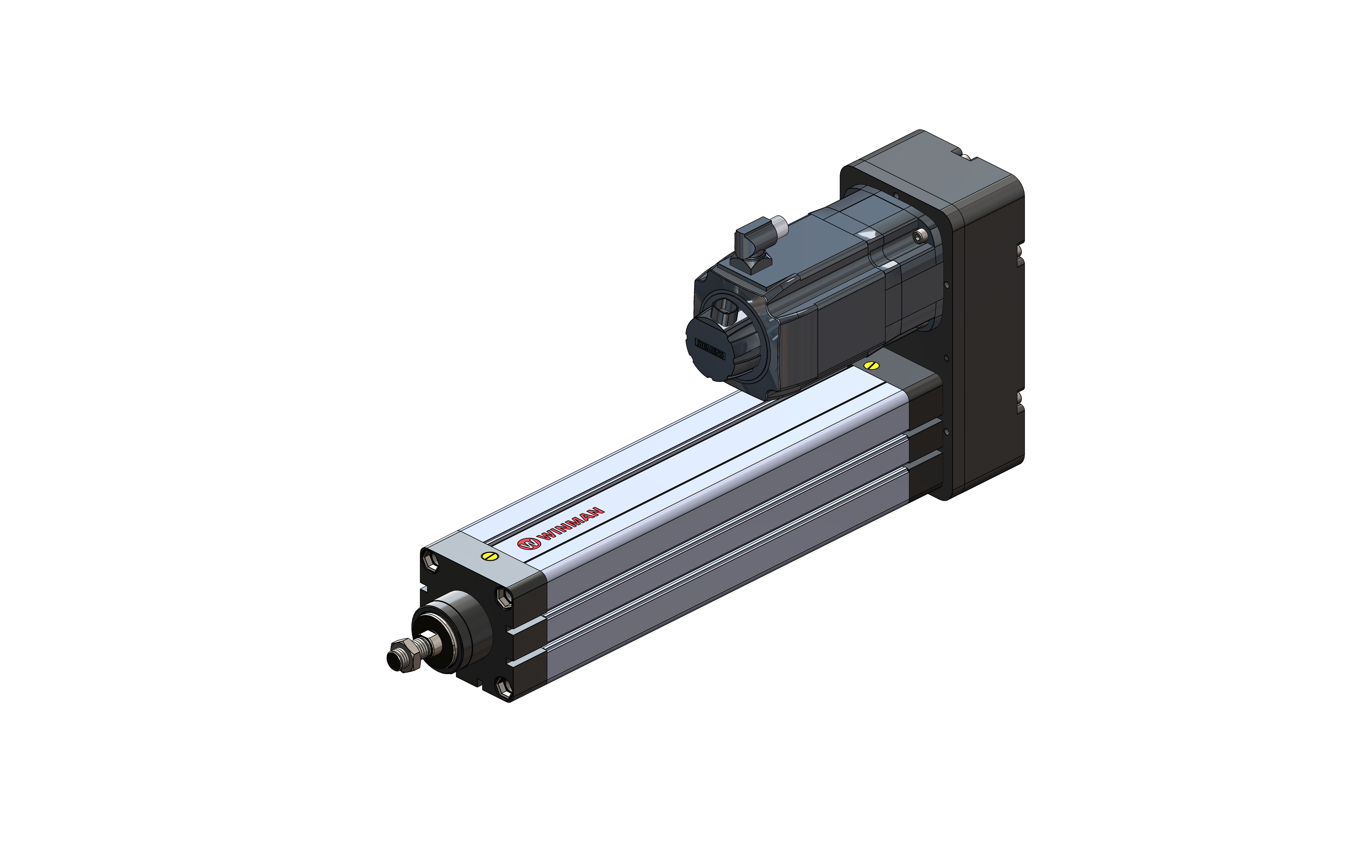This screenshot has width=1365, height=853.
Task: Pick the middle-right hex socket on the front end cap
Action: pos(504,597)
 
